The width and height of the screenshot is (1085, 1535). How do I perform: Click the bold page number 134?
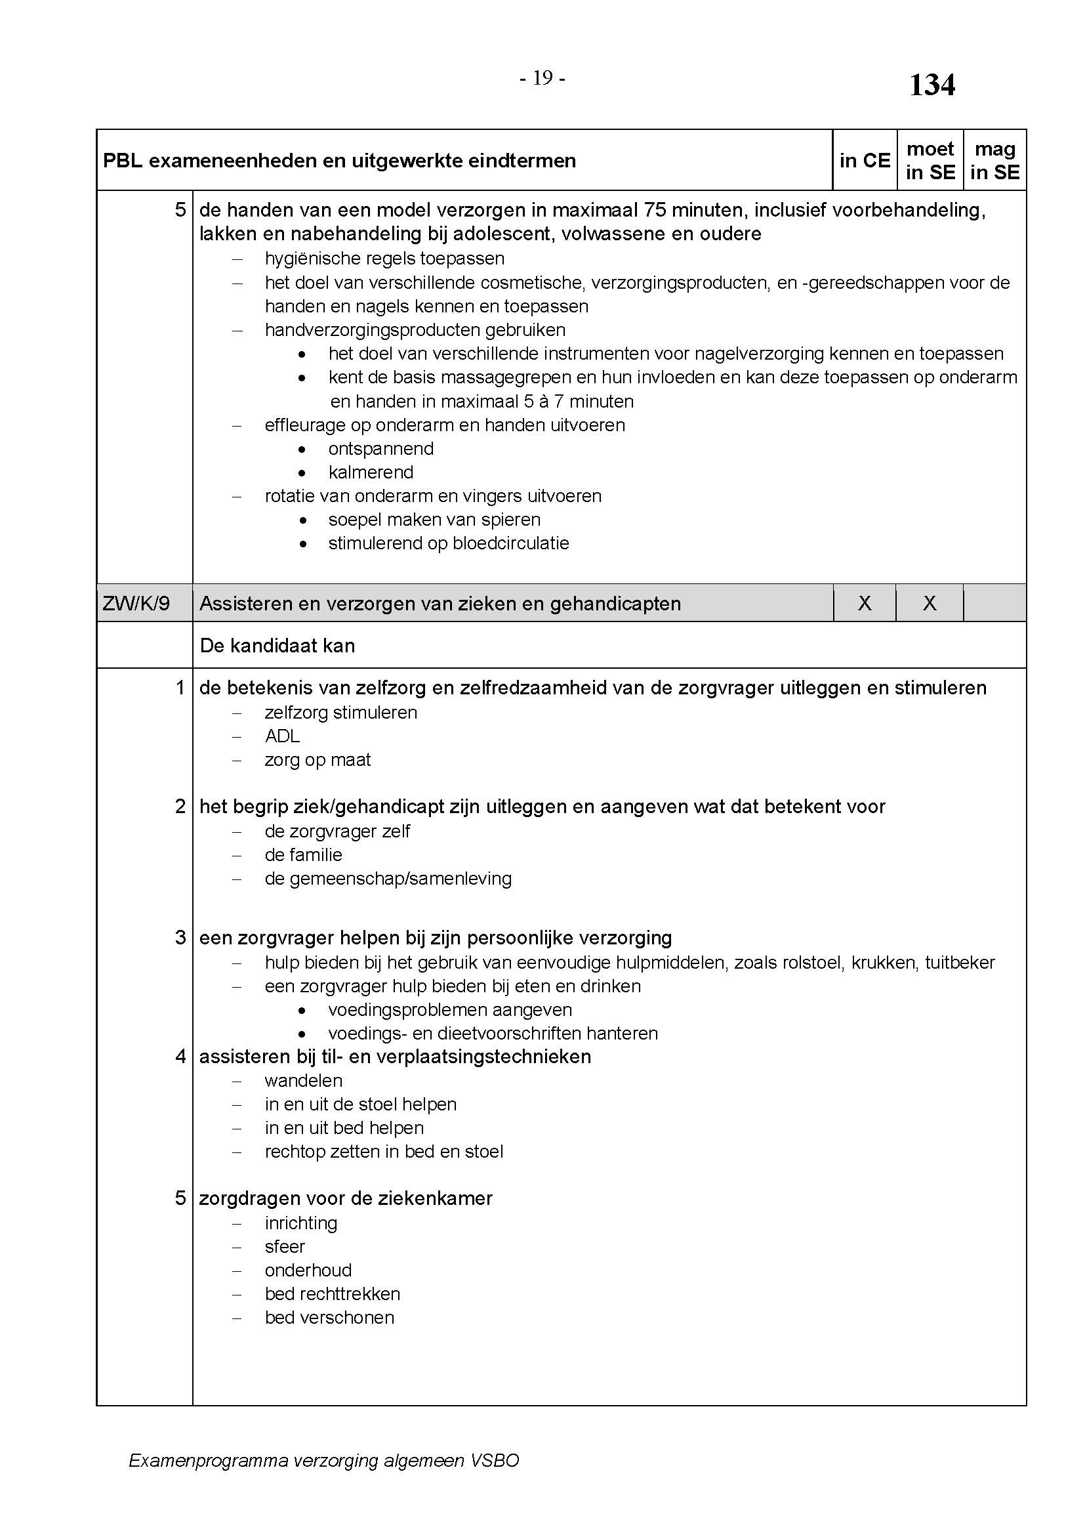tap(932, 85)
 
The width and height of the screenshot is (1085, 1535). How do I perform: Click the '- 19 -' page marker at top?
tap(542, 79)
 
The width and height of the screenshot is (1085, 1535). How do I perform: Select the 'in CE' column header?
tap(865, 160)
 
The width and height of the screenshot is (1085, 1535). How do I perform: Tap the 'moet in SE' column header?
tap(930, 160)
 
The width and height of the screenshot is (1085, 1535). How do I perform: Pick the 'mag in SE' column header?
tap(995, 160)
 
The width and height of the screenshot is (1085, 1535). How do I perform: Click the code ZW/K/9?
tap(136, 604)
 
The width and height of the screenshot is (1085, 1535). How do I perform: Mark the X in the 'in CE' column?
tap(865, 604)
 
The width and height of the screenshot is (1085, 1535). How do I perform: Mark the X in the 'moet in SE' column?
tap(930, 604)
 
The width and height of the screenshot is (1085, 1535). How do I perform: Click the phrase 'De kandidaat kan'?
tap(277, 646)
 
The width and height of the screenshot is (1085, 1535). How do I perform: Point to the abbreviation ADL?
tap(282, 736)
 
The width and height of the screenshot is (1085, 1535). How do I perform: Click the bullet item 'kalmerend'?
tap(371, 473)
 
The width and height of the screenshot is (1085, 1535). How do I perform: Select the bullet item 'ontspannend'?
tap(381, 449)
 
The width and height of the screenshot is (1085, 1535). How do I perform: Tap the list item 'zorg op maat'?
tap(317, 760)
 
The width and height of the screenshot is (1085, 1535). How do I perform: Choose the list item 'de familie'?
tap(303, 855)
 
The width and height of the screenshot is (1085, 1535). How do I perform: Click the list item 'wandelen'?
tap(303, 1081)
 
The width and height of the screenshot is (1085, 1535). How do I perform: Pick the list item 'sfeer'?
tap(285, 1247)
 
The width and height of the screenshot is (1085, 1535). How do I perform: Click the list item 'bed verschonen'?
tap(329, 1318)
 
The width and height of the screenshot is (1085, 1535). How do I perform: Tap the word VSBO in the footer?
tap(495, 1461)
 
